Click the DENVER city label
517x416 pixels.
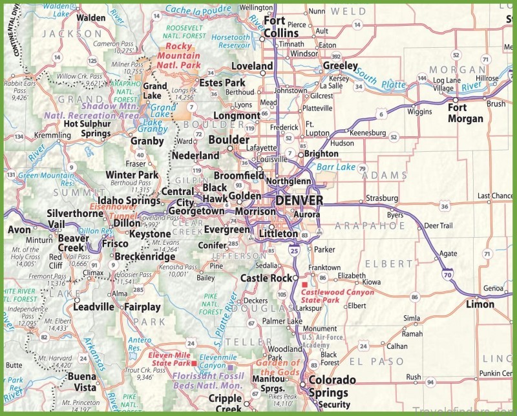(x=298, y=201)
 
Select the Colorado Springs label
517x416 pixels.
(x=331, y=386)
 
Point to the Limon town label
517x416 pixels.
(x=480, y=304)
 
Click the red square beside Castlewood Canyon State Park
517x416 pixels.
(x=305, y=284)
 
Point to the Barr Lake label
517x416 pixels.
(x=334, y=167)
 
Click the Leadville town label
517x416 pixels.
(x=94, y=307)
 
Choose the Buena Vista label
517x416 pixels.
(x=86, y=381)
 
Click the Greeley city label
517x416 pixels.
(x=340, y=66)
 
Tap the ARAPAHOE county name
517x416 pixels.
(x=370, y=225)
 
